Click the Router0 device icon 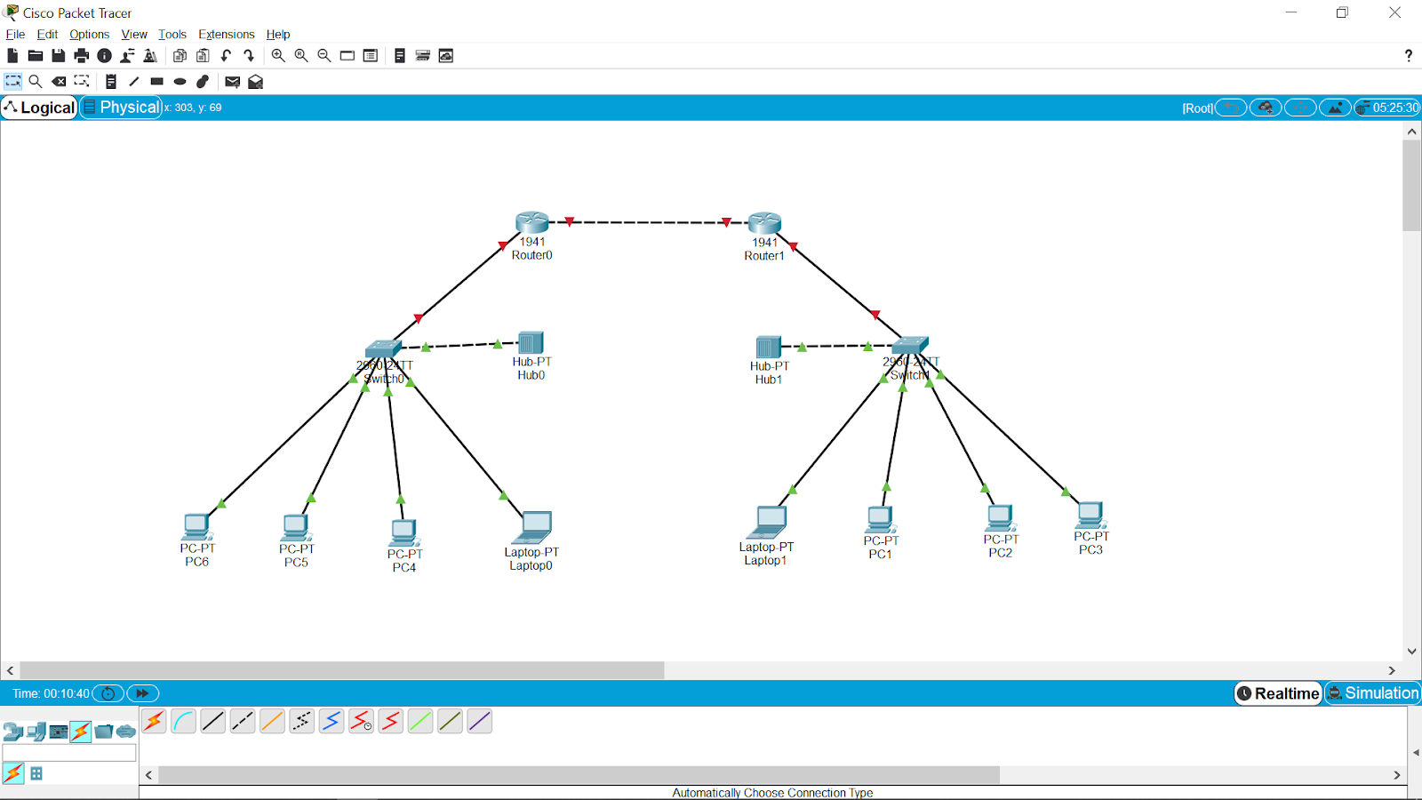pos(531,222)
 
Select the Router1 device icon pos(764,223)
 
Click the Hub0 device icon pos(531,343)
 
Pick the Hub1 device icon pos(768,347)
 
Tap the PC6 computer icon pos(196,527)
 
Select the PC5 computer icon pos(296,528)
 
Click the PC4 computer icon pos(403,532)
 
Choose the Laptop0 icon pos(533,527)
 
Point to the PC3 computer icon pos(1090,516)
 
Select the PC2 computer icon pos(1000,518)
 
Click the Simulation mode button pos(1372,693)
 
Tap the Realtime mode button pos(1278,693)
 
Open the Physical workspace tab pos(121,108)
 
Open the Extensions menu pos(226,35)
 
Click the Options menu pos(89,35)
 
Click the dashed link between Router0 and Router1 pos(649,222)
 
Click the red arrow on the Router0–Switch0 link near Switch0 pos(418,318)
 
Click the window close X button pos(1394,12)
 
